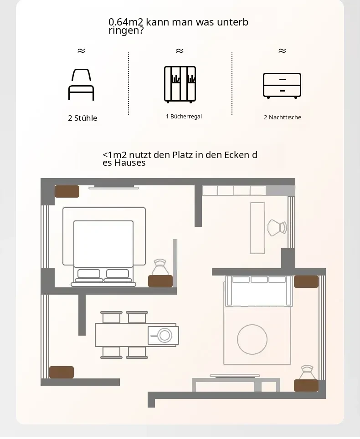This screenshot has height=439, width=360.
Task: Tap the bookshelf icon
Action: pos(180,84)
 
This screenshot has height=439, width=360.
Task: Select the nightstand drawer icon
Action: pos(282,86)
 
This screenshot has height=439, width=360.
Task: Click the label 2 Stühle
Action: pos(82,118)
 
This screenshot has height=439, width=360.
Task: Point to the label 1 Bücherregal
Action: pos(184,117)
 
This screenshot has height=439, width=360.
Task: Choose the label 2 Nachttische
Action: pos(283,117)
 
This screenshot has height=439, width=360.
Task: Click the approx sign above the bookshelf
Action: pos(180,51)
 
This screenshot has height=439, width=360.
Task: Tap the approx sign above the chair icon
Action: pos(81,51)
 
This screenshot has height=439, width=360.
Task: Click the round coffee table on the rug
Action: pos(252,339)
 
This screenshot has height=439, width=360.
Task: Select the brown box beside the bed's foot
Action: pos(160,281)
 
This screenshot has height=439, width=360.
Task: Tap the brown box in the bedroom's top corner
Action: pos(67,192)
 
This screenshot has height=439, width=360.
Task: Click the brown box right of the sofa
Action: pos(306,281)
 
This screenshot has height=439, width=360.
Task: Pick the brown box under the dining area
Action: pos(62,373)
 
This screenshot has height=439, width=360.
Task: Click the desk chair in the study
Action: pos(277,228)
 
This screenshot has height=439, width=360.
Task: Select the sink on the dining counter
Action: pos(163,335)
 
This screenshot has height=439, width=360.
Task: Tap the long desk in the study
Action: pos(257,228)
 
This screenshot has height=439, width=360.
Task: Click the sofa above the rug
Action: pos(259,291)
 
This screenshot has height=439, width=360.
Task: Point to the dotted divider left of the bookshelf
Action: pos(129,83)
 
